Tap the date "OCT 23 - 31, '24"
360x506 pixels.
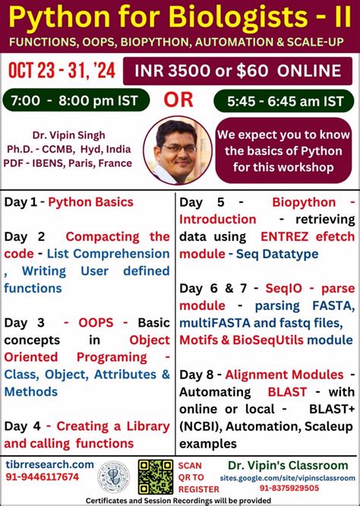[x=62, y=71]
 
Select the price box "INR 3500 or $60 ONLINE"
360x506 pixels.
[x=238, y=71]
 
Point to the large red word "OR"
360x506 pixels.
[x=179, y=100]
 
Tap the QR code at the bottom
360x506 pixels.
[x=155, y=476]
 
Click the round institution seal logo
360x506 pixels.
[x=114, y=476]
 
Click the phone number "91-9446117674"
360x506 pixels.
[x=44, y=477]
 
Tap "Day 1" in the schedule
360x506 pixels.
[x=22, y=202]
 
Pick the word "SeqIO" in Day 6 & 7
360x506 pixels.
[x=283, y=289]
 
